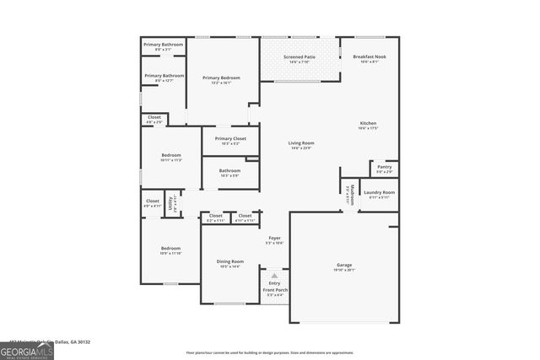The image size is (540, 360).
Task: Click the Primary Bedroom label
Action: [x=221, y=78]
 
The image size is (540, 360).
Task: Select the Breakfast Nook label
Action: [x=370, y=57]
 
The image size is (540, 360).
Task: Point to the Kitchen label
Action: [x=368, y=123]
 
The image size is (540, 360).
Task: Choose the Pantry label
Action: [x=384, y=167]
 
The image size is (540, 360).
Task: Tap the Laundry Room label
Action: [x=379, y=192]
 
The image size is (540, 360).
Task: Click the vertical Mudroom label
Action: [x=348, y=195]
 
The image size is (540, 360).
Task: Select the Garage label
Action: [x=344, y=266]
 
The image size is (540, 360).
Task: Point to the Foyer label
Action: [x=275, y=239]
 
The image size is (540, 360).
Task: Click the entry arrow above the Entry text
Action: [x=274, y=275]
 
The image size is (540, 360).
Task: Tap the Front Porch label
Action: [x=275, y=290]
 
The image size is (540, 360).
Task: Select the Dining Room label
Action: [x=230, y=261]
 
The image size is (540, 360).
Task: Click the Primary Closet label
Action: [x=230, y=138]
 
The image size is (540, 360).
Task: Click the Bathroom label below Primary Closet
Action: [x=230, y=170]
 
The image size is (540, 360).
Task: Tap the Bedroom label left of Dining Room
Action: [x=171, y=248]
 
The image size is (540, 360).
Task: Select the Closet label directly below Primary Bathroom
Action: [x=154, y=117]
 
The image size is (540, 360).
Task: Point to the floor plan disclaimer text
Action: [x=270, y=352]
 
